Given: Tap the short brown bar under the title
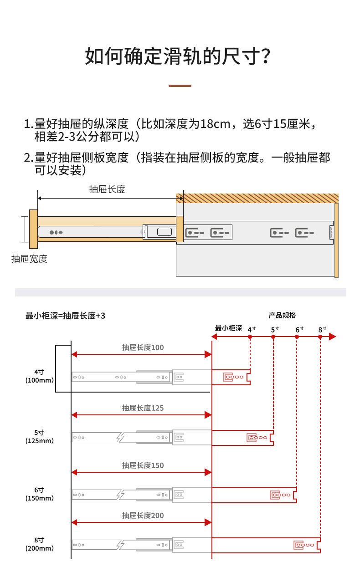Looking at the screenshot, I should click(x=180, y=86).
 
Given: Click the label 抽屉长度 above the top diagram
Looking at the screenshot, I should click(x=107, y=189).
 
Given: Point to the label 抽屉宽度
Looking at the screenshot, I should click(x=29, y=259).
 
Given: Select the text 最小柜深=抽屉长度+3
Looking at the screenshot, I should click(x=66, y=316).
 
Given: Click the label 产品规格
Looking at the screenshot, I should click(x=282, y=315).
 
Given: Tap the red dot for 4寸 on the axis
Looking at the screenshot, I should click(x=250, y=337).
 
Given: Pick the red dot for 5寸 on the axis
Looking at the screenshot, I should click(x=273, y=337).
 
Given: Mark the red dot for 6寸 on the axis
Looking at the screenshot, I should click(x=297, y=337).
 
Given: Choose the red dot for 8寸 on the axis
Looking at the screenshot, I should click(x=320, y=337).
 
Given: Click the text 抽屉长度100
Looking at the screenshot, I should click(x=143, y=347).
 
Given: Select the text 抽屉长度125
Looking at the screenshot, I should click(x=143, y=408).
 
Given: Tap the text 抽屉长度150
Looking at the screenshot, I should click(x=143, y=465).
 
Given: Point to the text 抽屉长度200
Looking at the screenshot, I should click(x=143, y=516).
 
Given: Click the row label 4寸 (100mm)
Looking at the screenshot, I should click(x=39, y=376).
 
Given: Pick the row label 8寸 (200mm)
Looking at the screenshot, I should click(x=39, y=544).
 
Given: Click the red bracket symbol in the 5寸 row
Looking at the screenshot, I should click(x=252, y=437).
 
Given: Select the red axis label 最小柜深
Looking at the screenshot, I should click(x=228, y=328).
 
